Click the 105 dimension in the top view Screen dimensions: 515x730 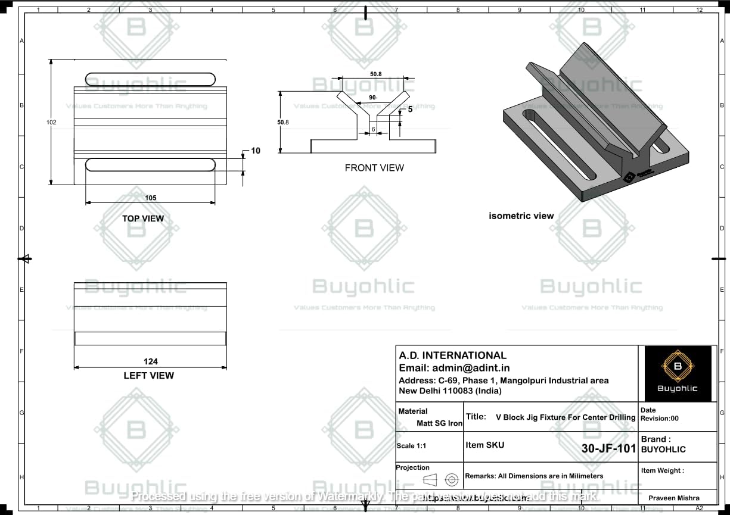tap(150, 198)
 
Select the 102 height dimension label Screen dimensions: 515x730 tap(52, 122)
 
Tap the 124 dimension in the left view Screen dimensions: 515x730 tap(150, 361)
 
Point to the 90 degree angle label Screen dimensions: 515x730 tap(372, 98)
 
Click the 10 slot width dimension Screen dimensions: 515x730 tap(255, 151)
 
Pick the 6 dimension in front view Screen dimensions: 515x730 tap(374, 129)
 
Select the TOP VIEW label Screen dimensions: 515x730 tap(143, 219)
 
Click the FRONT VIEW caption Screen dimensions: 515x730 tap(374, 168)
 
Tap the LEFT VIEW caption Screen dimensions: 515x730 tap(149, 376)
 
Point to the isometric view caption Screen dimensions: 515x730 tap(521, 216)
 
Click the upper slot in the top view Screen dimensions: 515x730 tap(150, 79)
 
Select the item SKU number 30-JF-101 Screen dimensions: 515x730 tap(608, 449)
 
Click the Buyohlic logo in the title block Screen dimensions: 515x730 tap(677, 373)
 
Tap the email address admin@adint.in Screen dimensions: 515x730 tap(454, 368)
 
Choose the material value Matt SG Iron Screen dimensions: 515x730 tap(439, 423)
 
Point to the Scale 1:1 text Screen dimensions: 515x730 tap(411, 446)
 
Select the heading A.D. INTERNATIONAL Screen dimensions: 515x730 tap(453, 355)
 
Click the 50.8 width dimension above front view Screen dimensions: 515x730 tap(375, 74)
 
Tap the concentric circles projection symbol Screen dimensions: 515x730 tap(452, 479)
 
